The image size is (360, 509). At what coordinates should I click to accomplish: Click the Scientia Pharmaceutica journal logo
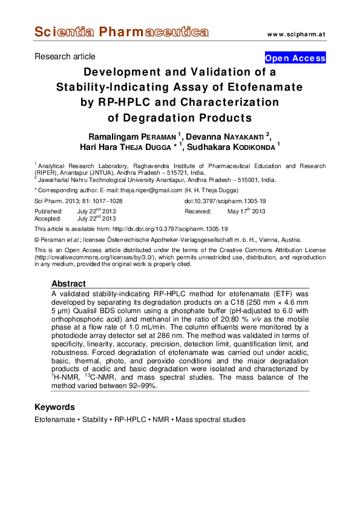[122, 32]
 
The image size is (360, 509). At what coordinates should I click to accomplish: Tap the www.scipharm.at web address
[296, 34]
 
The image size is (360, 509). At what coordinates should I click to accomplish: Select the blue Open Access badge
[295, 59]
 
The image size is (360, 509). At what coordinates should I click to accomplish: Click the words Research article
[65, 57]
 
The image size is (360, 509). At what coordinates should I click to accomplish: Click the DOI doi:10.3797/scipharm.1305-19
[225, 201]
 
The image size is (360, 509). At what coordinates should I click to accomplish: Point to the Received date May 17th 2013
[246, 212]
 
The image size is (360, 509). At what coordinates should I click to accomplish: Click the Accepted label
[49, 219]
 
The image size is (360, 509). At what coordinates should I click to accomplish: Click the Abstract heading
[68, 284]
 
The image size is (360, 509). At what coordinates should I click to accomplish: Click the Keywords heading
[54, 407]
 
